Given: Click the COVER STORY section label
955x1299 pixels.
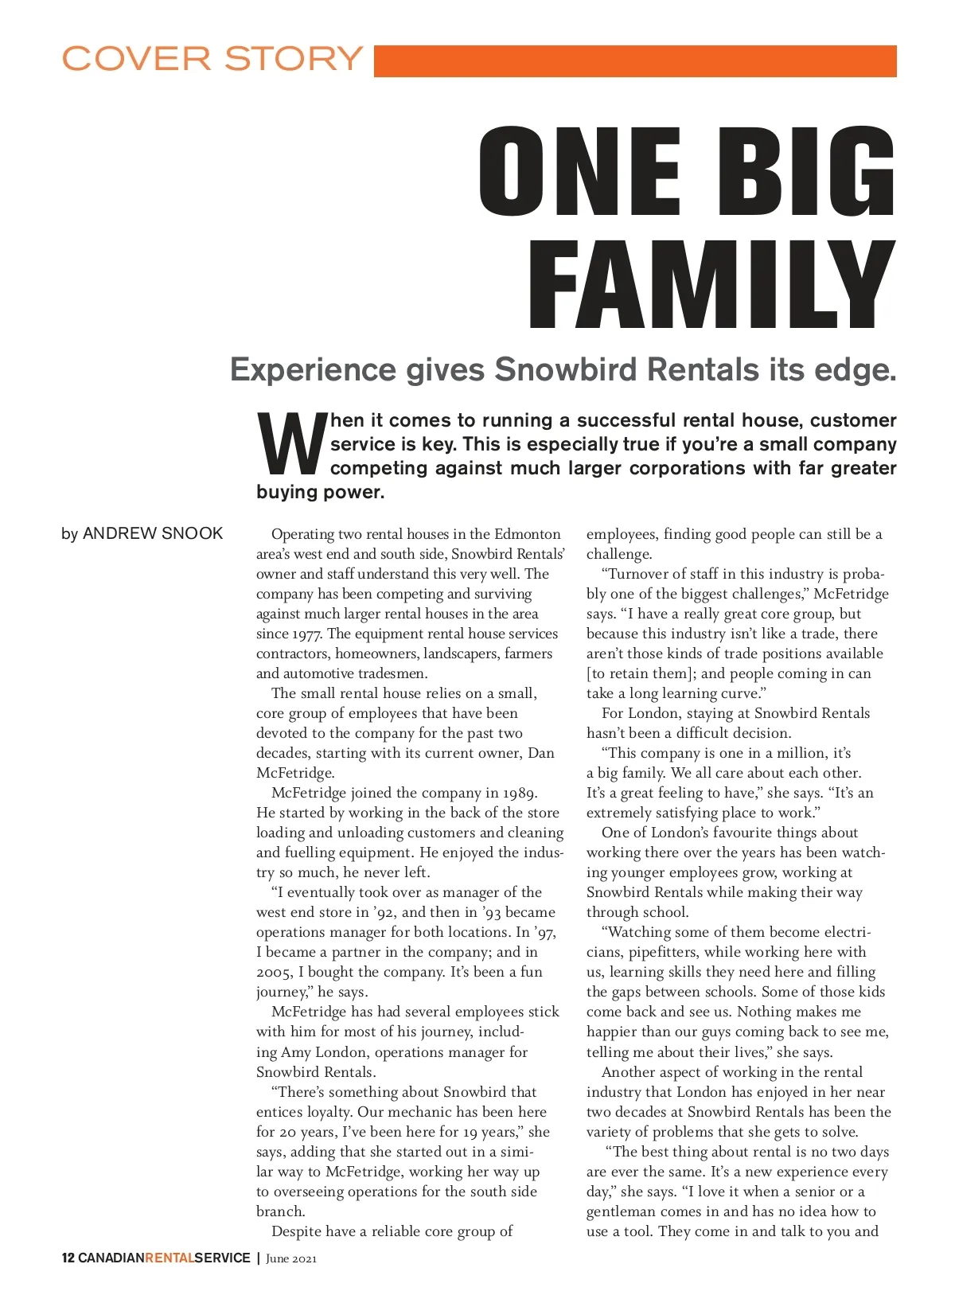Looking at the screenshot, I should coord(212,59).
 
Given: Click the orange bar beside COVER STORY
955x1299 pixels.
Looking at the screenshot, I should coord(634,61).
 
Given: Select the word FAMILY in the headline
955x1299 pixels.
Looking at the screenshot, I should coord(711,285).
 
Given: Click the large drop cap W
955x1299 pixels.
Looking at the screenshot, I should coord(291,444).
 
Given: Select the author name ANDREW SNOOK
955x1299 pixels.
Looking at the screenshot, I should coord(153,533).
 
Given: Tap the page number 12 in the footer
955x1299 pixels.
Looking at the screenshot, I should coord(68,1258).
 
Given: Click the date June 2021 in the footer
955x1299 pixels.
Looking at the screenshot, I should coord(291,1258).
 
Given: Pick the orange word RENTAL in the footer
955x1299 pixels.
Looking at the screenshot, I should coord(170,1258).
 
